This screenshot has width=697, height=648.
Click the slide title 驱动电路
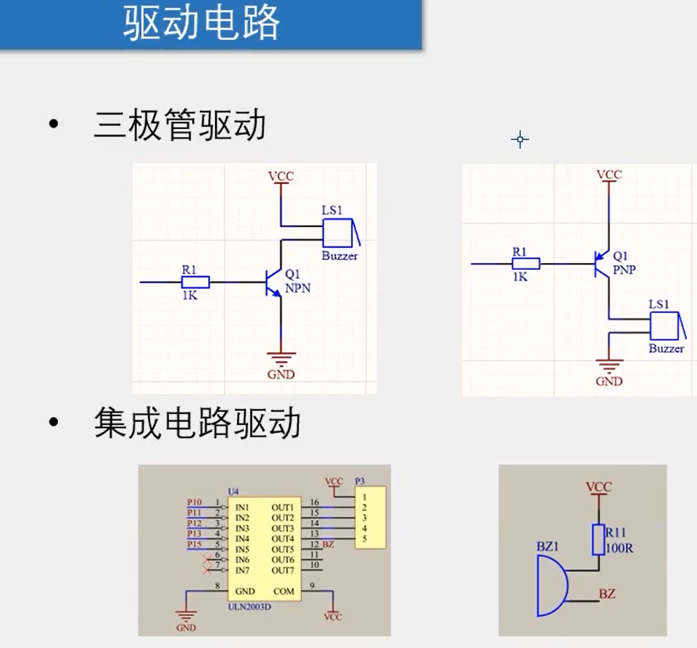point(201,23)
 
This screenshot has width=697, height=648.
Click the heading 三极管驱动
point(179,125)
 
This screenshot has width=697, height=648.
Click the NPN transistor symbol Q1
point(274,282)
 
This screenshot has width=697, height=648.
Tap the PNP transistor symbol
point(603,264)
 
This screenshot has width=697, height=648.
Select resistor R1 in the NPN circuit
point(195,282)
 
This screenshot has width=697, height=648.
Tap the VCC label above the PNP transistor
point(609,175)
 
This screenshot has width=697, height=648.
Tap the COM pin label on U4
point(284,591)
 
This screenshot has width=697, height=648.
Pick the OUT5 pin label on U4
point(282,549)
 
